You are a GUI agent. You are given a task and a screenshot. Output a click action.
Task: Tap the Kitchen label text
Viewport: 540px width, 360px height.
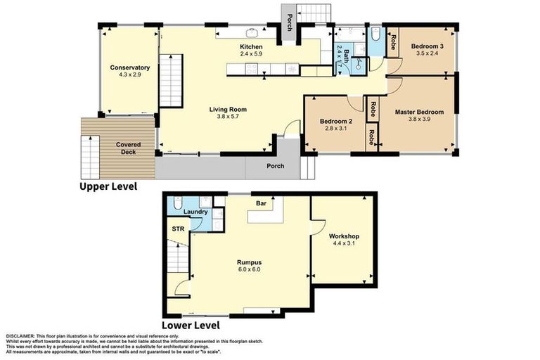coord(251,46)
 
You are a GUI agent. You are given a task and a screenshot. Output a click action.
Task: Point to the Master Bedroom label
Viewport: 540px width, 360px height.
coord(419,112)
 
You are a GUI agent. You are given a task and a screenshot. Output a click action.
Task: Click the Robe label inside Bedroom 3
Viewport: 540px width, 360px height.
coord(394,42)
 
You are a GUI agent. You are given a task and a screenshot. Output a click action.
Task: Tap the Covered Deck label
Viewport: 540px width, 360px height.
coord(128,149)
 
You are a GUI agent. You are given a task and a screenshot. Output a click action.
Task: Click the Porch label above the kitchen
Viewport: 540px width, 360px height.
coord(288,25)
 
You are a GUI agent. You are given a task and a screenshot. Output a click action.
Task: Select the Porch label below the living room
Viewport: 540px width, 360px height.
coord(275,167)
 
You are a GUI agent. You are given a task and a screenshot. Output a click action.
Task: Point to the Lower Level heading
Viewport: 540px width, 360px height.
coord(191,326)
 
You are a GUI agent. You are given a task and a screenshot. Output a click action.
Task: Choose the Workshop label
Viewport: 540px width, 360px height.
coord(343,236)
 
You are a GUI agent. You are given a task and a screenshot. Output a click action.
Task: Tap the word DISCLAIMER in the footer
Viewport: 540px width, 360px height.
coord(22,335)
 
